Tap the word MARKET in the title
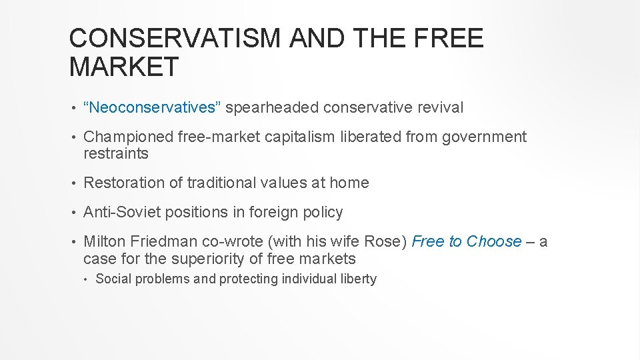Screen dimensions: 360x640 [x=124, y=67]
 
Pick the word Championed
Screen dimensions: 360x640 [x=128, y=137]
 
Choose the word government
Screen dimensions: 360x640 [x=483, y=137]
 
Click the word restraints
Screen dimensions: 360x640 [x=116, y=153]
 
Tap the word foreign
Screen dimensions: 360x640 [x=271, y=212]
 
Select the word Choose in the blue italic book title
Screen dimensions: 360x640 [x=494, y=241]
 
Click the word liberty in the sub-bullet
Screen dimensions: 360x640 [x=358, y=279]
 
